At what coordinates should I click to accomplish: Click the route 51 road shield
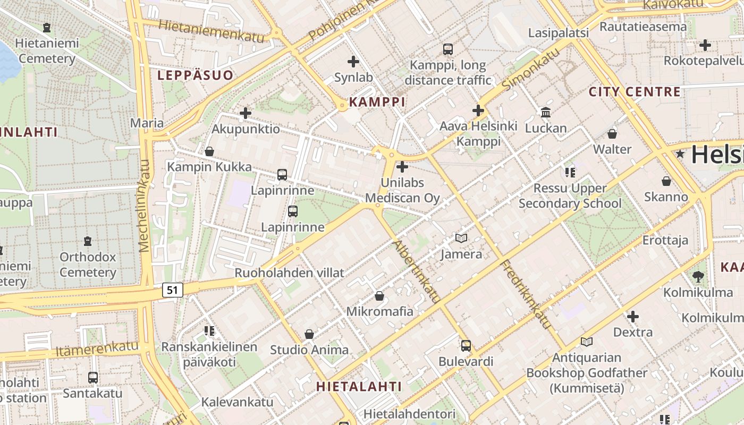[172, 290]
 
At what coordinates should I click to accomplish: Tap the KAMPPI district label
[377, 102]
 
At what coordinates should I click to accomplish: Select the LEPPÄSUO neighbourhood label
[195, 75]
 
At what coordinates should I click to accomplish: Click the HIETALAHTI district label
[359, 386]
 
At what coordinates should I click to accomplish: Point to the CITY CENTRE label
[635, 91]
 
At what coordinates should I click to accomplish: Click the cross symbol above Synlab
[353, 62]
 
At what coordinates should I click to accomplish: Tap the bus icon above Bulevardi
[466, 346]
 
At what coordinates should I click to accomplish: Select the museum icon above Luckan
[546, 113]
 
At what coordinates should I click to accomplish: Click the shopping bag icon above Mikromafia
[379, 295]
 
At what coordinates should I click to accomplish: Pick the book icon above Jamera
[461, 239]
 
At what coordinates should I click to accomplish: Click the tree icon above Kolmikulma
[698, 276]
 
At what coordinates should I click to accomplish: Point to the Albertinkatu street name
[417, 271]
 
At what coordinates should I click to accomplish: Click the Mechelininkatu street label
[145, 205]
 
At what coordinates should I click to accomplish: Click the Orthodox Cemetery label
[88, 265]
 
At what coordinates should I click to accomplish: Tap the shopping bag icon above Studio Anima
[309, 334]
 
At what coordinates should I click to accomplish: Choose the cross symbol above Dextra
[632, 317]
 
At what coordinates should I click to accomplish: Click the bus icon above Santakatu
[93, 378]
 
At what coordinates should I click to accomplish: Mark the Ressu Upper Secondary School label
[570, 196]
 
